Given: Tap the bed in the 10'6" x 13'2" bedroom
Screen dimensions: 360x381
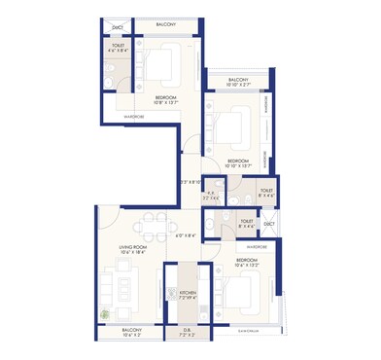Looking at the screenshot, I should pyautogui.click(x=236, y=289).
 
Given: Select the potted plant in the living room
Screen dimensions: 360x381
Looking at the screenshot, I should pyautogui.click(x=106, y=314).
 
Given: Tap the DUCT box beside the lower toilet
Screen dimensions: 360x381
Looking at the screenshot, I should pyautogui.click(x=269, y=225).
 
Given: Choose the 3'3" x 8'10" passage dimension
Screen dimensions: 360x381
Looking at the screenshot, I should pyautogui.click(x=190, y=181).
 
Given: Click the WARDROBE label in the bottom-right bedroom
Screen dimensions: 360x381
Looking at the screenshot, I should pyautogui.click(x=257, y=247).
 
